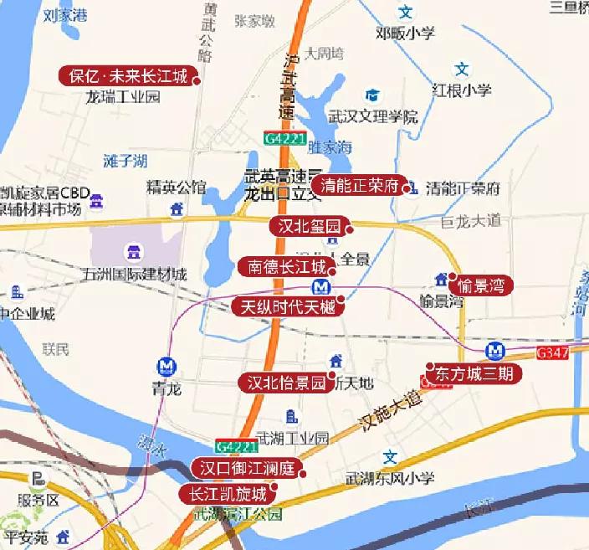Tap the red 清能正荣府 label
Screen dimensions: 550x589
tap(359, 185)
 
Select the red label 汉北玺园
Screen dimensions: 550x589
tap(308, 226)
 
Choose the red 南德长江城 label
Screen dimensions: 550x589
tap(286, 267)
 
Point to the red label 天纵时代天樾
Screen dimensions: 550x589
tap(287, 306)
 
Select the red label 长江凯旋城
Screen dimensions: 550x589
tap(228, 493)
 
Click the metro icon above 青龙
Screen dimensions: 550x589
tap(166, 366)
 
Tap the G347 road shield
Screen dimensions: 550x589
tap(552, 352)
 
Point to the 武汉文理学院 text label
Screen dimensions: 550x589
tap(372, 117)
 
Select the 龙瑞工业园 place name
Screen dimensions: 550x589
tap(123, 97)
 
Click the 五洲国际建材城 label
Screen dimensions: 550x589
tap(135, 275)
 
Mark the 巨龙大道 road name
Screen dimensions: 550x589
tap(469, 222)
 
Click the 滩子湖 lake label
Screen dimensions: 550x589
tap(125, 160)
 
